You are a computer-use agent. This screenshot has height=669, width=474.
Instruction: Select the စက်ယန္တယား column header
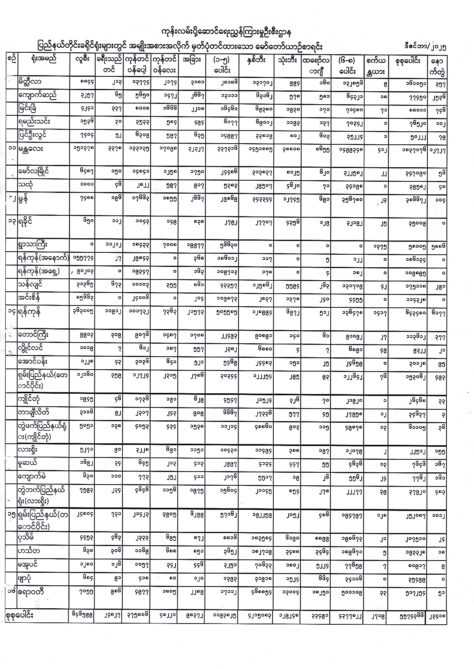tap(375, 65)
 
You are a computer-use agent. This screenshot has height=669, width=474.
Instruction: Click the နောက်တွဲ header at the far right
tap(437, 66)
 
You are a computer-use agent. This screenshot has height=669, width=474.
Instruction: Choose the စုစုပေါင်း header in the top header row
tap(406, 60)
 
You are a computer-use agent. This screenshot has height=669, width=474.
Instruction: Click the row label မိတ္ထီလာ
tap(30, 81)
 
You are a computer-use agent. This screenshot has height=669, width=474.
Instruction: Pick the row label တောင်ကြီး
tap(33, 335)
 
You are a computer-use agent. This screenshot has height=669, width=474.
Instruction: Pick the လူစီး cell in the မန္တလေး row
tap(83, 149)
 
